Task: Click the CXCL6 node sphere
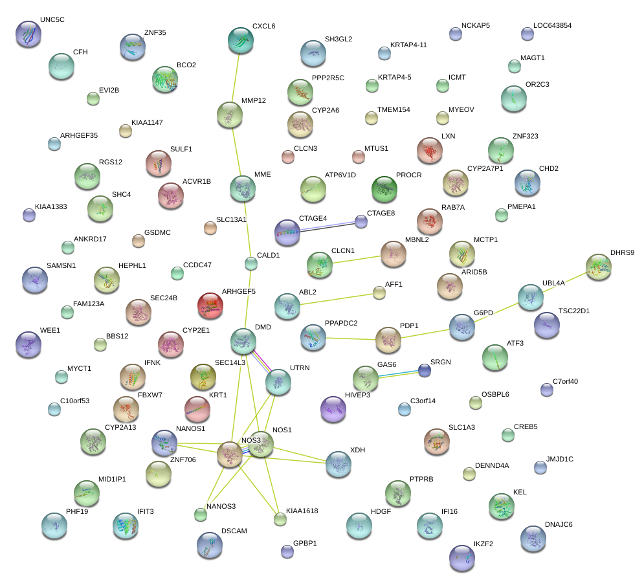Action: coord(241,40)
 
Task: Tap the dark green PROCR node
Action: coord(384,188)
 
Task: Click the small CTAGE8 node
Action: coord(361,221)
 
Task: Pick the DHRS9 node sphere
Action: coord(598,266)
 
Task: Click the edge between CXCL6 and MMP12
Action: coord(236,78)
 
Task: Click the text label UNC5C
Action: coord(52,20)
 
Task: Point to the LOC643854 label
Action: coord(552,26)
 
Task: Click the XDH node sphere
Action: coord(339,463)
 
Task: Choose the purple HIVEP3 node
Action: coord(333,409)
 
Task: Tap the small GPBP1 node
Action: coord(287,551)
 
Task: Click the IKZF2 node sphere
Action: coord(462,557)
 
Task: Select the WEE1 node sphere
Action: coord(28,344)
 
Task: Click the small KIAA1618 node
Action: coord(280,518)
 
